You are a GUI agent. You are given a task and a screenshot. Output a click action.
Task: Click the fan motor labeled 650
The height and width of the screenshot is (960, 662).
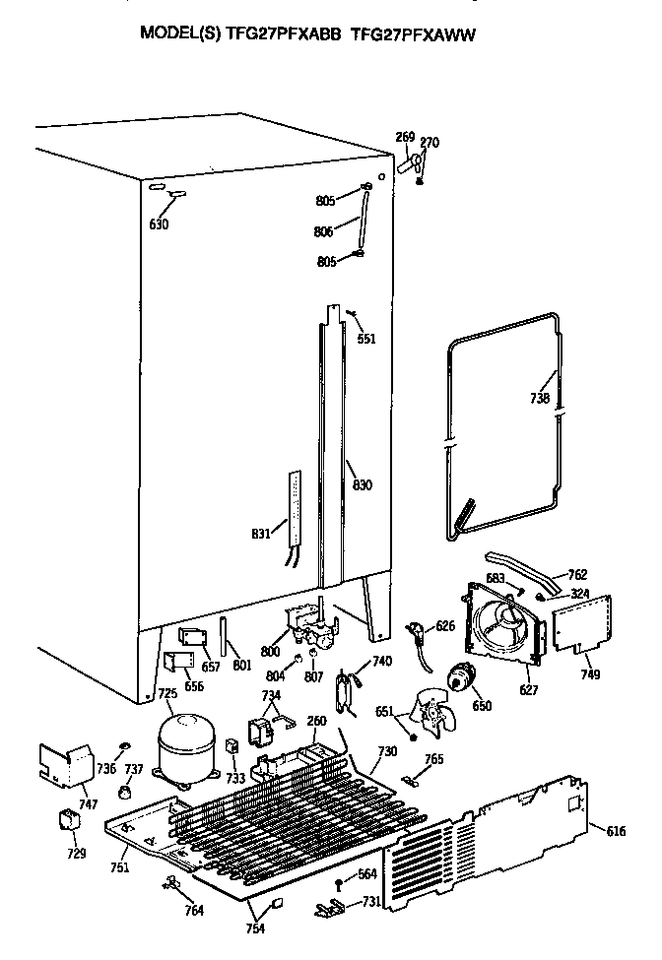(x=458, y=677)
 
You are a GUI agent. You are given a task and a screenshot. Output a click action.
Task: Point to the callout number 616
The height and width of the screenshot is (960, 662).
(x=616, y=832)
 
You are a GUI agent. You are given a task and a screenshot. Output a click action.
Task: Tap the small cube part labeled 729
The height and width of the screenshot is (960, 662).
(x=68, y=819)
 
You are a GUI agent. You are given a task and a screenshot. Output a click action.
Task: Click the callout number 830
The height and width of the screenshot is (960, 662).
(x=363, y=484)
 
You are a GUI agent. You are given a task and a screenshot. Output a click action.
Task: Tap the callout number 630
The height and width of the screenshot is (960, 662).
(x=159, y=224)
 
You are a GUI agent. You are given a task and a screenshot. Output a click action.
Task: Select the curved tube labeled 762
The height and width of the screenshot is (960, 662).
(x=517, y=571)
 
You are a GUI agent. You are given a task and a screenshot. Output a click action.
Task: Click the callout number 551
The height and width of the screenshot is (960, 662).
(x=365, y=339)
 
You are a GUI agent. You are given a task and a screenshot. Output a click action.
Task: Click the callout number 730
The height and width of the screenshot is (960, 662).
(x=387, y=750)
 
